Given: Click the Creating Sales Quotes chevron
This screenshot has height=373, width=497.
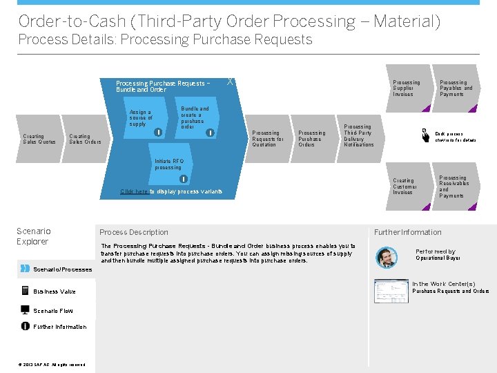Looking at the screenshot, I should pos(39,139).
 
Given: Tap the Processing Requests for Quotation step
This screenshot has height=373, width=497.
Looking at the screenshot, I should pos(268,138).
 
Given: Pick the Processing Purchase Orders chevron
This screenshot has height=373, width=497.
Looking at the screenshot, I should pos(312,138).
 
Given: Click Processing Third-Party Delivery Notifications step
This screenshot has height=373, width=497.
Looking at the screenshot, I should pos(359,135).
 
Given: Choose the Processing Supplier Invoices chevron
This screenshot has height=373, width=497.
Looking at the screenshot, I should pos(406,88).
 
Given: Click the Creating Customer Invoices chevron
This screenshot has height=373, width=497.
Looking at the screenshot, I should pos(406,186).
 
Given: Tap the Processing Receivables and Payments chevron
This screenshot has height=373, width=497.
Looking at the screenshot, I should pos(454,186).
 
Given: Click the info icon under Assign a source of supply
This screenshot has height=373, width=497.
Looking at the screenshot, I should pos(158,131).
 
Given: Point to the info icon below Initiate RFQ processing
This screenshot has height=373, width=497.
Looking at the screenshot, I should pos(184,180).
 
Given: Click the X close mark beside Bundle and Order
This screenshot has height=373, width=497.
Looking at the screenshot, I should pos(230,82).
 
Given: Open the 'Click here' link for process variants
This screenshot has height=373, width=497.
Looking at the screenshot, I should pos(133,191).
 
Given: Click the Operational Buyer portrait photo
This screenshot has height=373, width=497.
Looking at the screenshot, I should pos(387,257).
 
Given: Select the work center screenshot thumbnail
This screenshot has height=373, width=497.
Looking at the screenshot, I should pos(391,291).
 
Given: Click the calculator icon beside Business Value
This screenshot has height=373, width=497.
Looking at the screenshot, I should pos(26,291).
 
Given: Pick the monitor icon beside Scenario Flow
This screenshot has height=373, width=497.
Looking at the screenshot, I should pos(26,309).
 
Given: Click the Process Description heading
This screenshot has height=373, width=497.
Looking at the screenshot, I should pos(134,232).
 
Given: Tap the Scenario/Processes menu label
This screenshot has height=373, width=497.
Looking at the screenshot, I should pos(62,269).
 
